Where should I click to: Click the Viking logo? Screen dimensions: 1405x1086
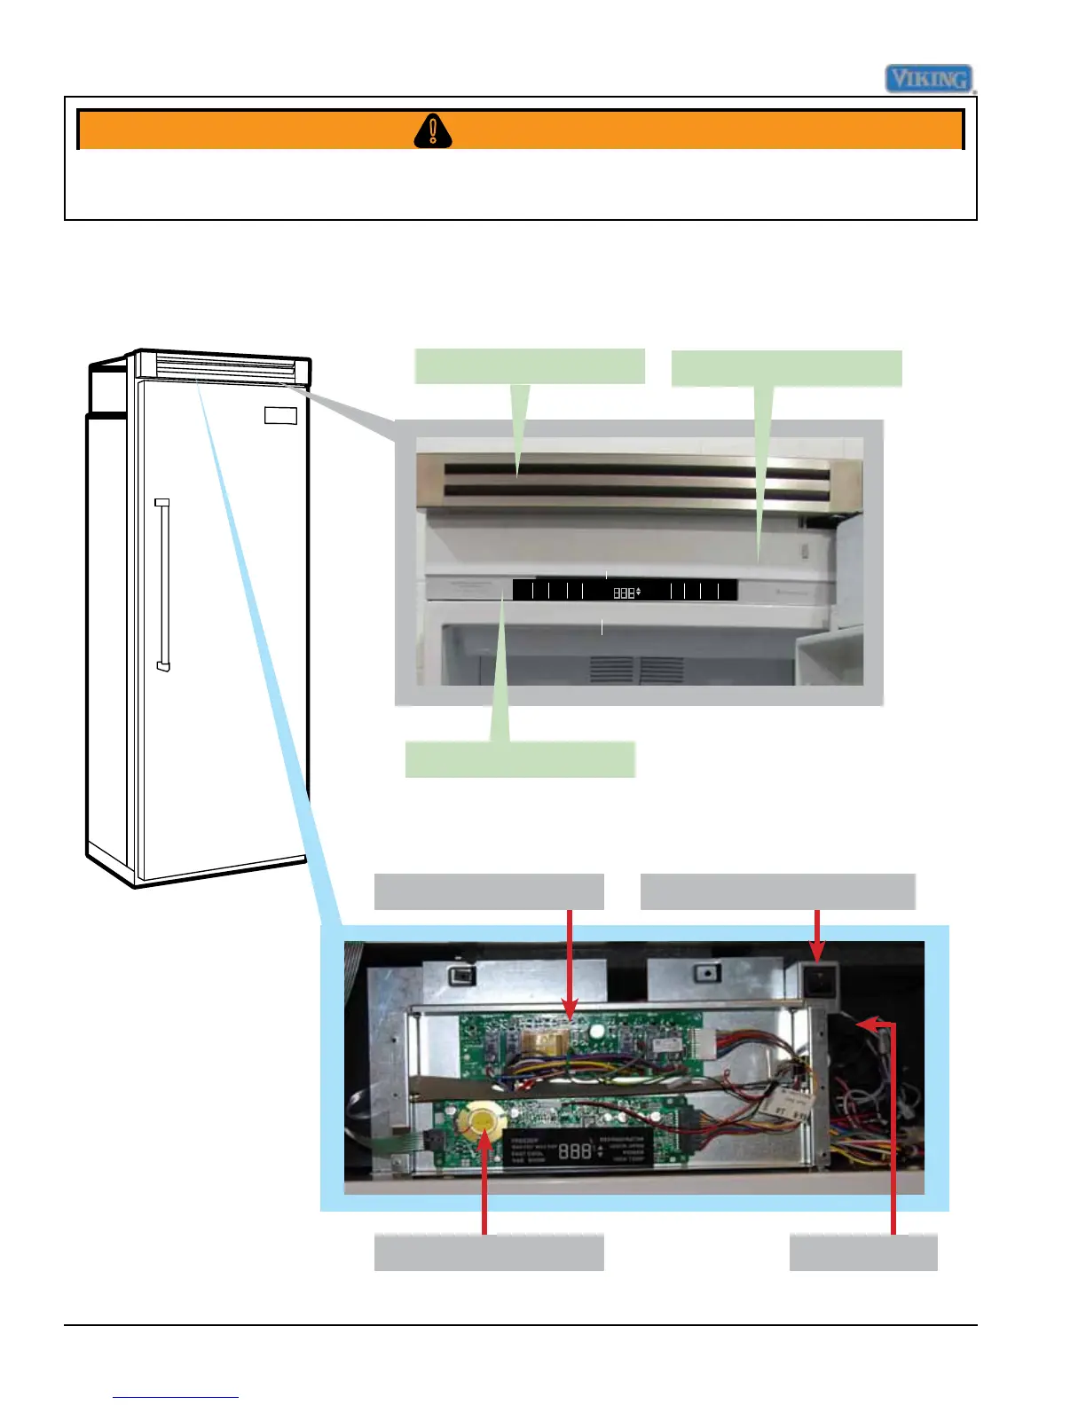930,79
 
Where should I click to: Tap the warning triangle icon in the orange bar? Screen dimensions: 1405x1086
433,131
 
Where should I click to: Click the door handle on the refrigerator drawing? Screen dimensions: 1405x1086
162,585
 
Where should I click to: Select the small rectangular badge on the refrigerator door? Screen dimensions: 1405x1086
280,416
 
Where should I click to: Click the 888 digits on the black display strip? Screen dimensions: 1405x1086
625,593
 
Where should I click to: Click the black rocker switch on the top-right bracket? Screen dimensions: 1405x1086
818,979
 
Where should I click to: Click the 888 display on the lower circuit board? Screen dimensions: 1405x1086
575,1150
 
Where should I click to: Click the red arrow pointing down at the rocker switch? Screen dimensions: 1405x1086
817,936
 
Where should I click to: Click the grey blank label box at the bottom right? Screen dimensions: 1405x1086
862,1252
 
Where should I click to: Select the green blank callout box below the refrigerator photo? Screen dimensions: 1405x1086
520,760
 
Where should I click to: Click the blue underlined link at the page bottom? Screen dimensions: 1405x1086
176,1396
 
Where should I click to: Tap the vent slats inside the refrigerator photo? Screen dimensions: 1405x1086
637,670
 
